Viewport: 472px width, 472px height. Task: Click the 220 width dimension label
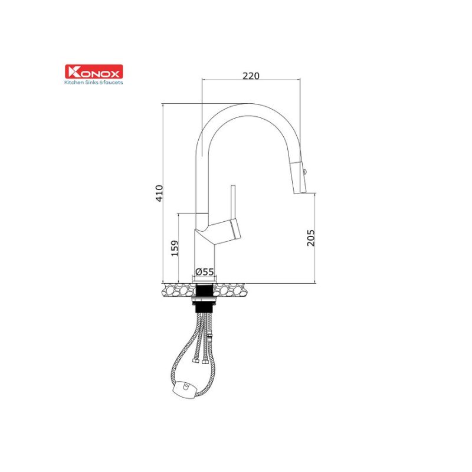tap(251, 76)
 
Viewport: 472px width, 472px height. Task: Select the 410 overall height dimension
tap(159, 194)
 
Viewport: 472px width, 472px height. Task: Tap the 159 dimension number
tap(175, 248)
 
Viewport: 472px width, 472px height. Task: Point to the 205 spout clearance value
tap(311, 238)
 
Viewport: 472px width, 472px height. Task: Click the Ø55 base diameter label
tap(205, 272)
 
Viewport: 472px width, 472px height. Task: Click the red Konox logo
tap(94, 71)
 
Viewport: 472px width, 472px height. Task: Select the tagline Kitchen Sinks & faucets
tap(94, 82)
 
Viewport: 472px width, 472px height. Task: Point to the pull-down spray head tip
tap(300, 192)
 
